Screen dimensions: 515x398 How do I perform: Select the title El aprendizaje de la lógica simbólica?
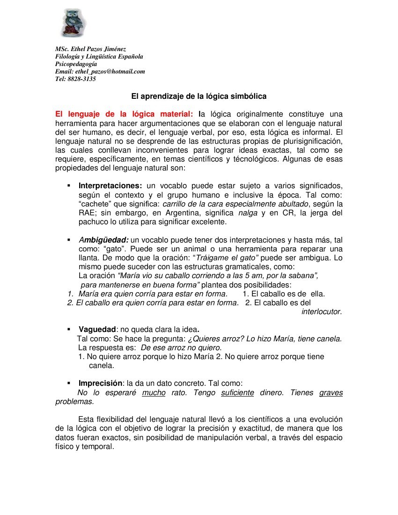pos(199,96)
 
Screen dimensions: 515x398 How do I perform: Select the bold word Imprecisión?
pos(100,383)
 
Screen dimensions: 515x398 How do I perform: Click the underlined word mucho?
pos(154,393)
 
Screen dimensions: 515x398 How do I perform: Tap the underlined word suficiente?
pos(237,393)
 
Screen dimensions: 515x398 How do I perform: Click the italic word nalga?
pos(248,213)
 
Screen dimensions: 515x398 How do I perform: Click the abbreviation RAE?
pos(86,213)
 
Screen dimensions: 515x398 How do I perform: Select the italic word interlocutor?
pos(321,312)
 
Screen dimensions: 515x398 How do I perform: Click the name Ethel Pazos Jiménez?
pos(97,49)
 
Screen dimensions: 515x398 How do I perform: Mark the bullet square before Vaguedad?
pos(69,330)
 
